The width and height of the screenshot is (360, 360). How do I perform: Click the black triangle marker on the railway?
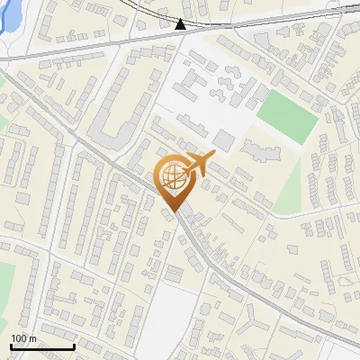coord(181,24)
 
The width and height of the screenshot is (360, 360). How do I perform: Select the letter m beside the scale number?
coord(33,338)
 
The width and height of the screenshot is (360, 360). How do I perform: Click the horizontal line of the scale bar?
coord(42,346)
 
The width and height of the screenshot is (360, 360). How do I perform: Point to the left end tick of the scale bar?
coord(11,345)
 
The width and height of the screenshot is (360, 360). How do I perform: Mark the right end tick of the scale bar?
coord(74,345)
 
